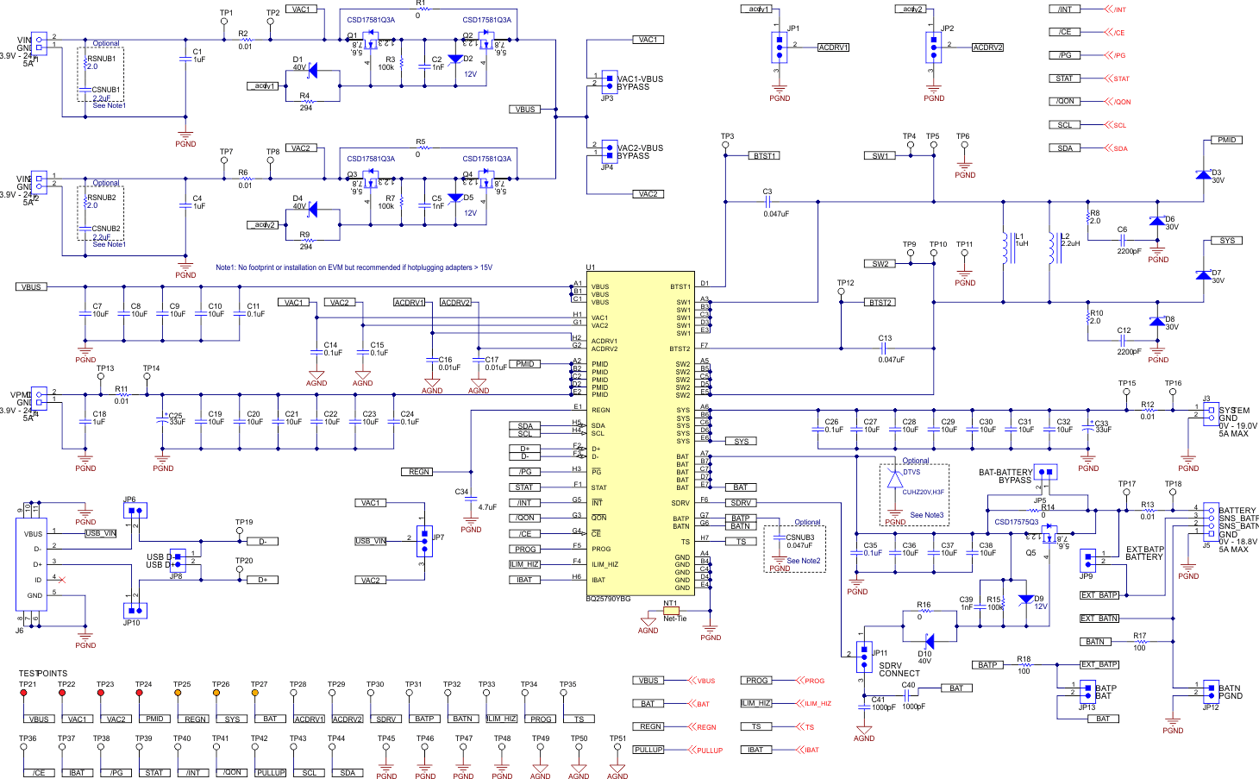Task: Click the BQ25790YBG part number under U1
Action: coord(608,599)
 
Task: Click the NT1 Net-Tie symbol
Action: coord(671,611)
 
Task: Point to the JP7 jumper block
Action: coord(423,541)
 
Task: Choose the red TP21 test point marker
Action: coord(23,693)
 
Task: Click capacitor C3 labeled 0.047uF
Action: coord(767,202)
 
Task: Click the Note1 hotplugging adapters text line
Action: coord(354,267)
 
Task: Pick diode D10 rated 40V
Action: coord(928,642)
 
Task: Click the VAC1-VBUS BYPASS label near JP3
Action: coord(640,83)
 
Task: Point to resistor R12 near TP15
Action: coord(1148,411)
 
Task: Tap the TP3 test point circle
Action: coord(726,146)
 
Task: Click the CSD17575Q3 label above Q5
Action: coord(1016,522)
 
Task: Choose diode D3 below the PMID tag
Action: coord(1203,175)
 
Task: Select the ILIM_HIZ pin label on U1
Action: coord(604,564)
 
